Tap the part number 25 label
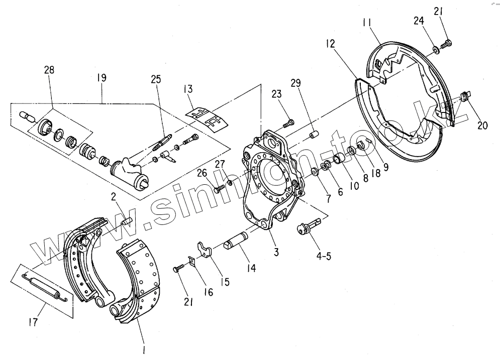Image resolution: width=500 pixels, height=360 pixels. pyautogui.click(x=156, y=79)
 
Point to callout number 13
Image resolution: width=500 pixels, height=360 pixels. pyautogui.click(x=188, y=89)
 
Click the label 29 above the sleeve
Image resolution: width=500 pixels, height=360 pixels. pyautogui.click(x=295, y=82)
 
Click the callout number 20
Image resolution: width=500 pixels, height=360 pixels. pyautogui.click(x=482, y=126)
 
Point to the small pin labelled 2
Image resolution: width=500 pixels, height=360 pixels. pyautogui.click(x=127, y=220)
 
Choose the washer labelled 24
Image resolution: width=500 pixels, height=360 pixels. pyautogui.click(x=434, y=49)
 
